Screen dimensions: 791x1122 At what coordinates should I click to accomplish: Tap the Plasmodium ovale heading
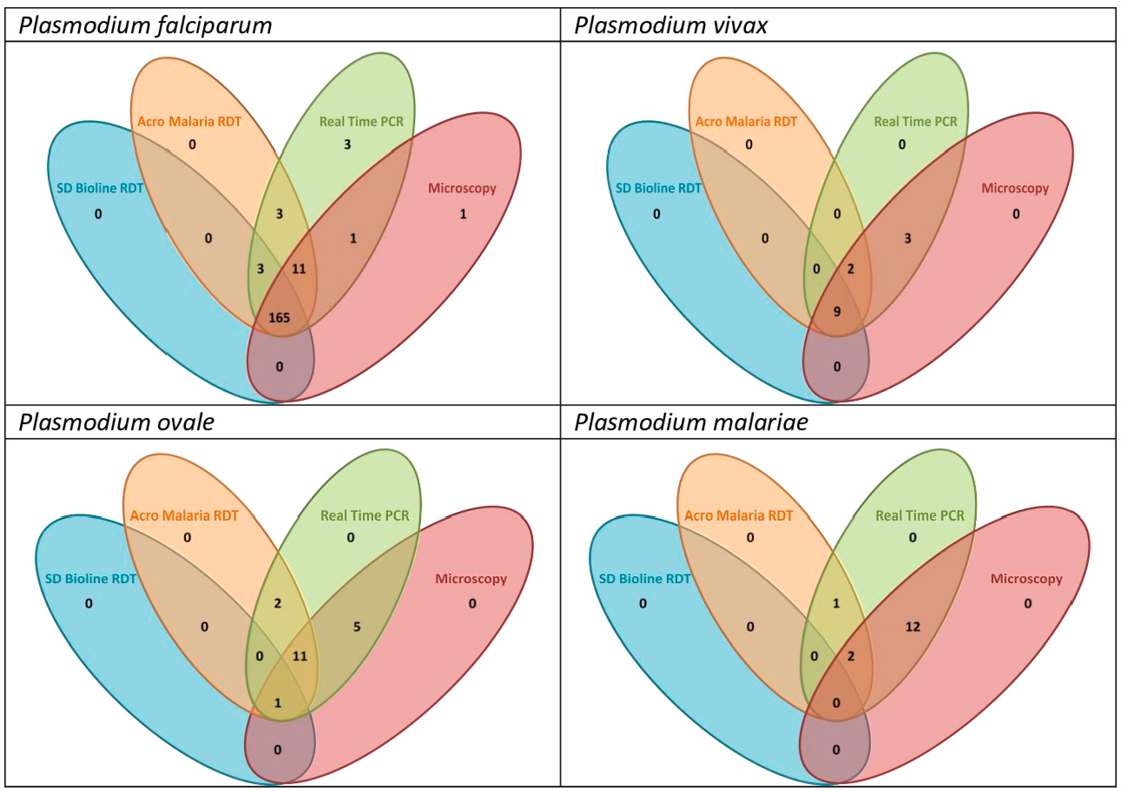point(116,422)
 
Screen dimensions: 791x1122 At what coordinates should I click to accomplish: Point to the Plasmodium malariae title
point(691,422)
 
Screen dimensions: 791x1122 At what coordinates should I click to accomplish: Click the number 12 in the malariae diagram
point(912,627)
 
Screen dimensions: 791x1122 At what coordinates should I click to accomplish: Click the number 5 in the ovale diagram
point(357,627)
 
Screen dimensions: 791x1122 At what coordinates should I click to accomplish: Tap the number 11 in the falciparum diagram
point(299,269)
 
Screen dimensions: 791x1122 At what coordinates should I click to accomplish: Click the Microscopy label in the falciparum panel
point(462,188)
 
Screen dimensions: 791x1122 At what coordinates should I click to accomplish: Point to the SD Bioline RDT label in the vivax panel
point(658,188)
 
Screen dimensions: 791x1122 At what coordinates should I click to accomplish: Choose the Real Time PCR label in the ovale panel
point(365,515)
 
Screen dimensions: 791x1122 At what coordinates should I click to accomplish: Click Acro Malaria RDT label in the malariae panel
point(738,515)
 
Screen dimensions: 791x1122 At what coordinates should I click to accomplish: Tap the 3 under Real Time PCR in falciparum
point(347,145)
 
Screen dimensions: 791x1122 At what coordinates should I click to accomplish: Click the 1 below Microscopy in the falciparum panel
point(463,214)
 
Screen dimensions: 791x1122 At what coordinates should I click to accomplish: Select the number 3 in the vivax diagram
point(907,238)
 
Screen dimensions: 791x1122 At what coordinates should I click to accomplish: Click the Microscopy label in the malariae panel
point(1026,579)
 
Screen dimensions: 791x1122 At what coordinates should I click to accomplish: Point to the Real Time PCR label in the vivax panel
point(915,122)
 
